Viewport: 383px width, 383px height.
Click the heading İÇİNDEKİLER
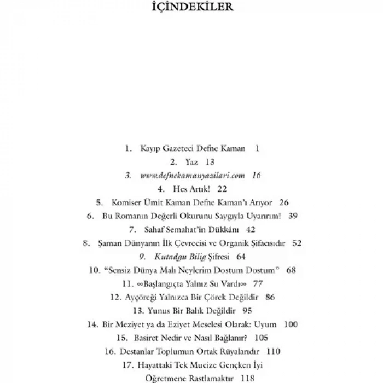(191, 8)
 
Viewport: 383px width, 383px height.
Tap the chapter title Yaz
(191, 162)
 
